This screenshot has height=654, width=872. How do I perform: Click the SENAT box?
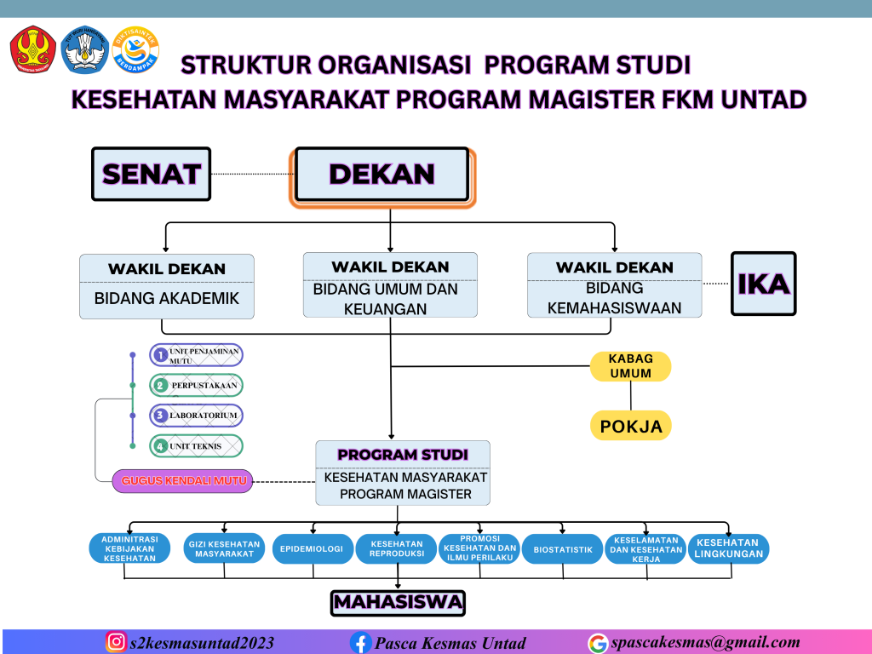click(151, 174)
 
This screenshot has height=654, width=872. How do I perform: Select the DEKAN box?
click(382, 175)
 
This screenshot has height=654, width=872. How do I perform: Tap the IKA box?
click(763, 284)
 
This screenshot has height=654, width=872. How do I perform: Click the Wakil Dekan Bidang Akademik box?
click(167, 286)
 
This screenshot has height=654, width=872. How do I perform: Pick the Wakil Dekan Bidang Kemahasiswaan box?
click(614, 286)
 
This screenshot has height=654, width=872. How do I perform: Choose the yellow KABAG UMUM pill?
click(630, 366)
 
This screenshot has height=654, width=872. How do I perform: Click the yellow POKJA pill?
click(630, 426)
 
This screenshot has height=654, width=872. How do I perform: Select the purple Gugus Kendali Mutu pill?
click(183, 481)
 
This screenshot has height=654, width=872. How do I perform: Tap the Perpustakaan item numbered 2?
click(197, 385)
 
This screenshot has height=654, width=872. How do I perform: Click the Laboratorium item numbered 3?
click(197, 416)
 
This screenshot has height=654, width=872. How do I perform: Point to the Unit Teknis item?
click(197, 445)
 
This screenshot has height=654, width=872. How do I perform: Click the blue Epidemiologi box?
click(312, 549)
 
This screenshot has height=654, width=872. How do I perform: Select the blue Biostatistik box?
click(562, 549)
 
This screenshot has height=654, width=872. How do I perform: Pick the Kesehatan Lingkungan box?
click(728, 549)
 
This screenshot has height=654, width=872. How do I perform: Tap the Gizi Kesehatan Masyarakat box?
click(224, 549)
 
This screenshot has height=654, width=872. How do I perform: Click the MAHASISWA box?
click(399, 603)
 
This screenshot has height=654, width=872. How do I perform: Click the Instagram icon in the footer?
click(116, 642)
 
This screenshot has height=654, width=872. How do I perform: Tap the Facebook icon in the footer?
click(361, 642)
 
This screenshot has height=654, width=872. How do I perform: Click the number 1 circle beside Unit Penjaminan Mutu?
click(159, 354)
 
